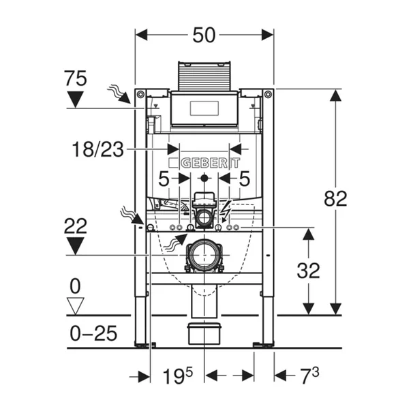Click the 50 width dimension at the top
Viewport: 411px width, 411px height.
tap(204, 34)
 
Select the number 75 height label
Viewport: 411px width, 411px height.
tap(76, 78)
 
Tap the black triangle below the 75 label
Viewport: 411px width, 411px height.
tap(76, 100)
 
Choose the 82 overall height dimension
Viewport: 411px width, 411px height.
tap(335, 198)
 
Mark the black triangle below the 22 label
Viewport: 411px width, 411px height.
tap(76, 245)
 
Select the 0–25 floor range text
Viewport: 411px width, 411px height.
tap(94, 333)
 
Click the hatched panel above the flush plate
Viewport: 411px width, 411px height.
tap(204, 76)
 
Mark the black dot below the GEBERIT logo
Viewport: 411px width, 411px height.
tap(204, 179)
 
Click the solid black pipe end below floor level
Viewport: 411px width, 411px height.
tap(204, 333)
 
